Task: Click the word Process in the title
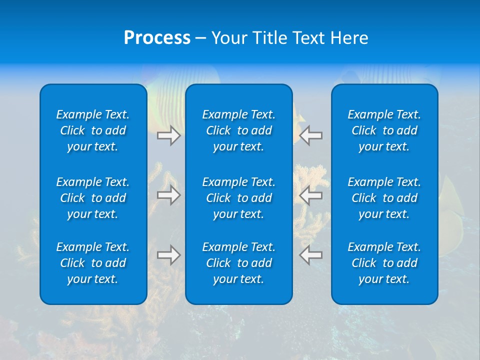157,38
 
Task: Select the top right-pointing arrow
168,135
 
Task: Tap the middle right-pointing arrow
168,195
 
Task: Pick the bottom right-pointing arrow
168,255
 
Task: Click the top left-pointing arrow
311,135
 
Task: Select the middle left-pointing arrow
311,195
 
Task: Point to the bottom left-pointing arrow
311,255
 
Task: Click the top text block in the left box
93,130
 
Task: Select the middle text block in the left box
93,198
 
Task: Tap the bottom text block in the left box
93,263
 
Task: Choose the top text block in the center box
238,130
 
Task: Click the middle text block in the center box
238,198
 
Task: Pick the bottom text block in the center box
238,263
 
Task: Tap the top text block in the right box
384,130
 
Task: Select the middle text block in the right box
384,198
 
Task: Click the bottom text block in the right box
384,263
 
